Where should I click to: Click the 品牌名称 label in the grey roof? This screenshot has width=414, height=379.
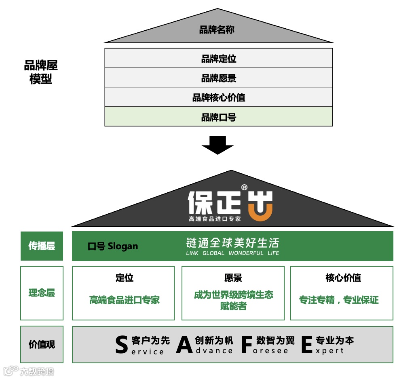(x=217, y=30)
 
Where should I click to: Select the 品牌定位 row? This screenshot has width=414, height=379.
(x=218, y=59)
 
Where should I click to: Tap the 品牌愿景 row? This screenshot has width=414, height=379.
(x=218, y=78)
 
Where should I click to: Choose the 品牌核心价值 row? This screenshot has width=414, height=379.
(x=218, y=97)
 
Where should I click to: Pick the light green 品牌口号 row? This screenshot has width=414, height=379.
(x=218, y=117)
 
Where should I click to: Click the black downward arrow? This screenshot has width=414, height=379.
(x=218, y=145)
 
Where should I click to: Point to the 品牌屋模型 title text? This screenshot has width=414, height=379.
(x=41, y=72)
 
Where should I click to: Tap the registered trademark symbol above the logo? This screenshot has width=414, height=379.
(x=244, y=187)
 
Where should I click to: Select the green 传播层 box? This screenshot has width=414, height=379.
(x=42, y=246)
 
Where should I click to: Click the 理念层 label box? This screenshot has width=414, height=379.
(x=42, y=293)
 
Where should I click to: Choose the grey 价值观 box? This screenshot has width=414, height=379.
(x=42, y=344)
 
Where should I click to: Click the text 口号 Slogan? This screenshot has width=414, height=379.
(x=113, y=246)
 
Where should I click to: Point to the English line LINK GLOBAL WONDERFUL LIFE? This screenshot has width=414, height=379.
(x=232, y=253)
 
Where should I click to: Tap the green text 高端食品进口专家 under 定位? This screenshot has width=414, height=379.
(x=125, y=300)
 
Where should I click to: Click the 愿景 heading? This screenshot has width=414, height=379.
(x=233, y=278)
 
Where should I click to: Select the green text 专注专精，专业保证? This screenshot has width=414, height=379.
(x=339, y=300)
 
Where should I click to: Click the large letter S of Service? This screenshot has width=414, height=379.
(x=121, y=345)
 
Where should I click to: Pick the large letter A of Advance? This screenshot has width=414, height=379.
(x=184, y=345)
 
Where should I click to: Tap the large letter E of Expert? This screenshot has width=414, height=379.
(x=307, y=345)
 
